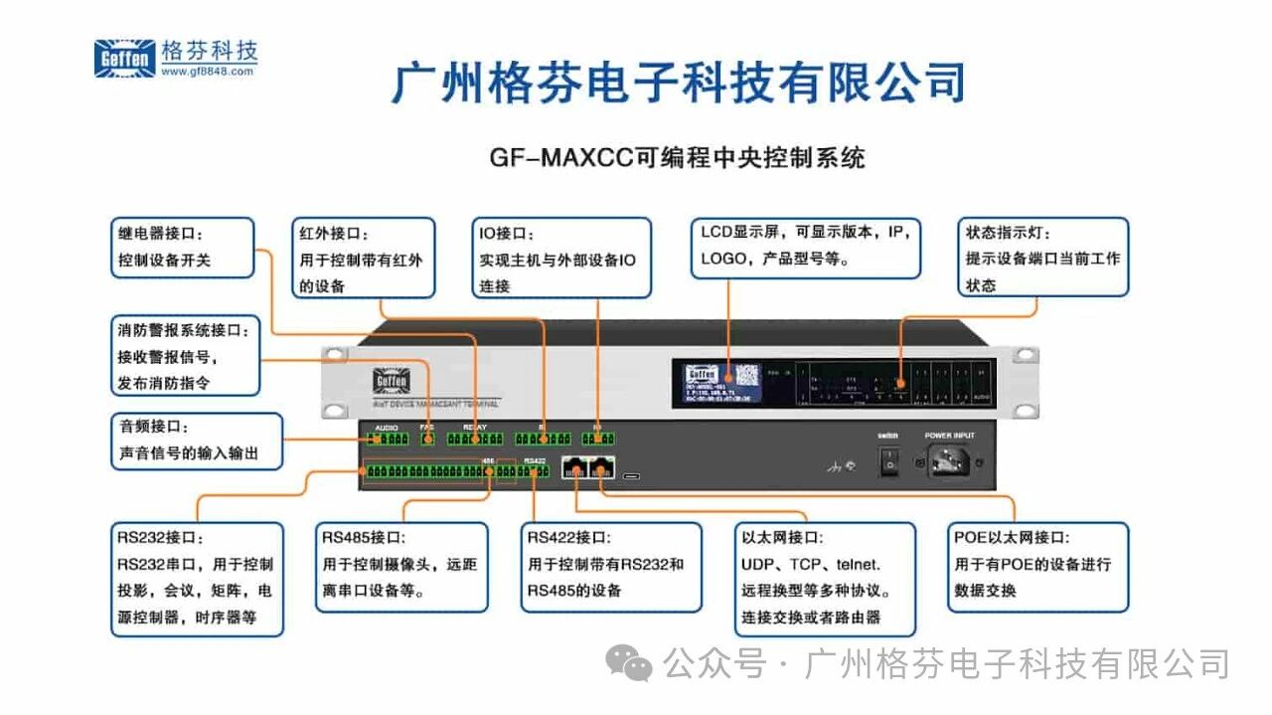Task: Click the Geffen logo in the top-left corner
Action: [x=124, y=59]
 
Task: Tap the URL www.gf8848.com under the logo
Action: [x=209, y=71]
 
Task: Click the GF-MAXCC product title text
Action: [x=677, y=157]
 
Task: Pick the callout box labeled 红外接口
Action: [x=363, y=258]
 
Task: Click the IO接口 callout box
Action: [x=560, y=258]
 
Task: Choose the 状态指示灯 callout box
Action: [x=1042, y=257]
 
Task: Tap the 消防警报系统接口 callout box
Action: [x=185, y=355]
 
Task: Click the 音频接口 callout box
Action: [x=196, y=441]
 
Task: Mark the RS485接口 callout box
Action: [x=401, y=566]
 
